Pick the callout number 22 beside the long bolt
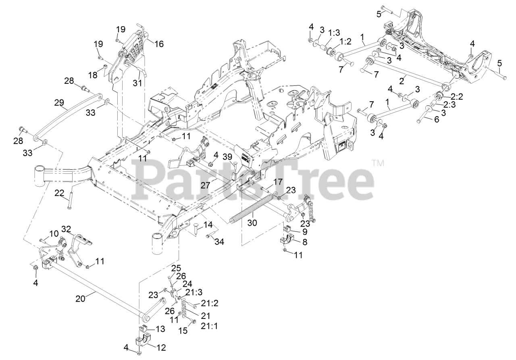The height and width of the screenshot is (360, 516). point(60,194)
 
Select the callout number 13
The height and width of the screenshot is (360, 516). point(160,329)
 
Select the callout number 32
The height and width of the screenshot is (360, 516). point(66,229)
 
